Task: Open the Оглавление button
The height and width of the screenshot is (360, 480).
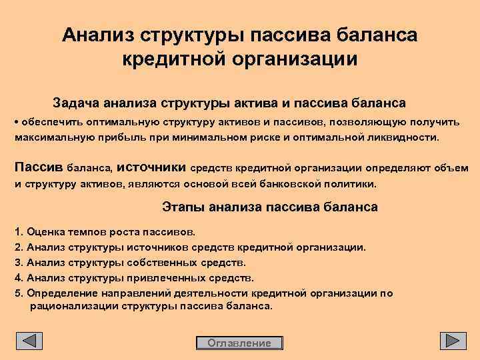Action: point(240,343)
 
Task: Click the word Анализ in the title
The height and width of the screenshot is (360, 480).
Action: point(101,34)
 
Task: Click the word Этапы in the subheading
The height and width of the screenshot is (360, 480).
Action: point(183,207)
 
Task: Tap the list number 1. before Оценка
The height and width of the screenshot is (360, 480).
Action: point(18,233)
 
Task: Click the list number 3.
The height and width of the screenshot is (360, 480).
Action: point(18,262)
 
